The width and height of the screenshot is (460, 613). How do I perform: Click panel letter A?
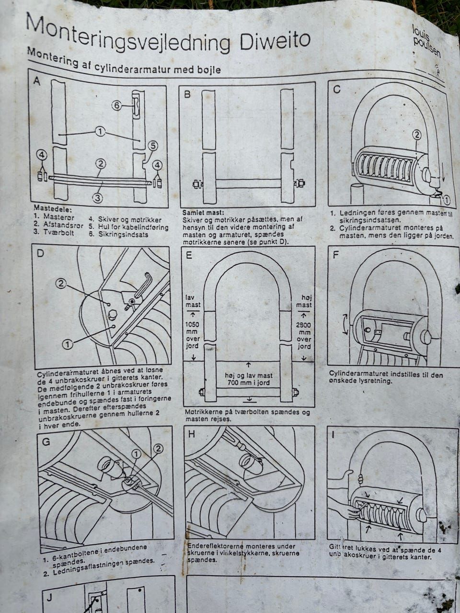pyautogui.click(x=37, y=81)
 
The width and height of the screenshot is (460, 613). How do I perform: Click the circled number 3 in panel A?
pyautogui.click(x=97, y=196)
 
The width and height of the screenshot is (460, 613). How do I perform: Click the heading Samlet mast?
pyautogui.click(x=203, y=212)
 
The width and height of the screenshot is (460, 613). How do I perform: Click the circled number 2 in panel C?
pyautogui.click(x=416, y=135)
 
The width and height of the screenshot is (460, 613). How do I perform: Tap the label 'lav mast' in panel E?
pyautogui.click(x=193, y=301)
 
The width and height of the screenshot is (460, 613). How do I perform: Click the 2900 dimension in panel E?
pyautogui.click(x=304, y=325)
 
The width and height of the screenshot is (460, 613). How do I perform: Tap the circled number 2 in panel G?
pyautogui.click(x=158, y=448)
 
